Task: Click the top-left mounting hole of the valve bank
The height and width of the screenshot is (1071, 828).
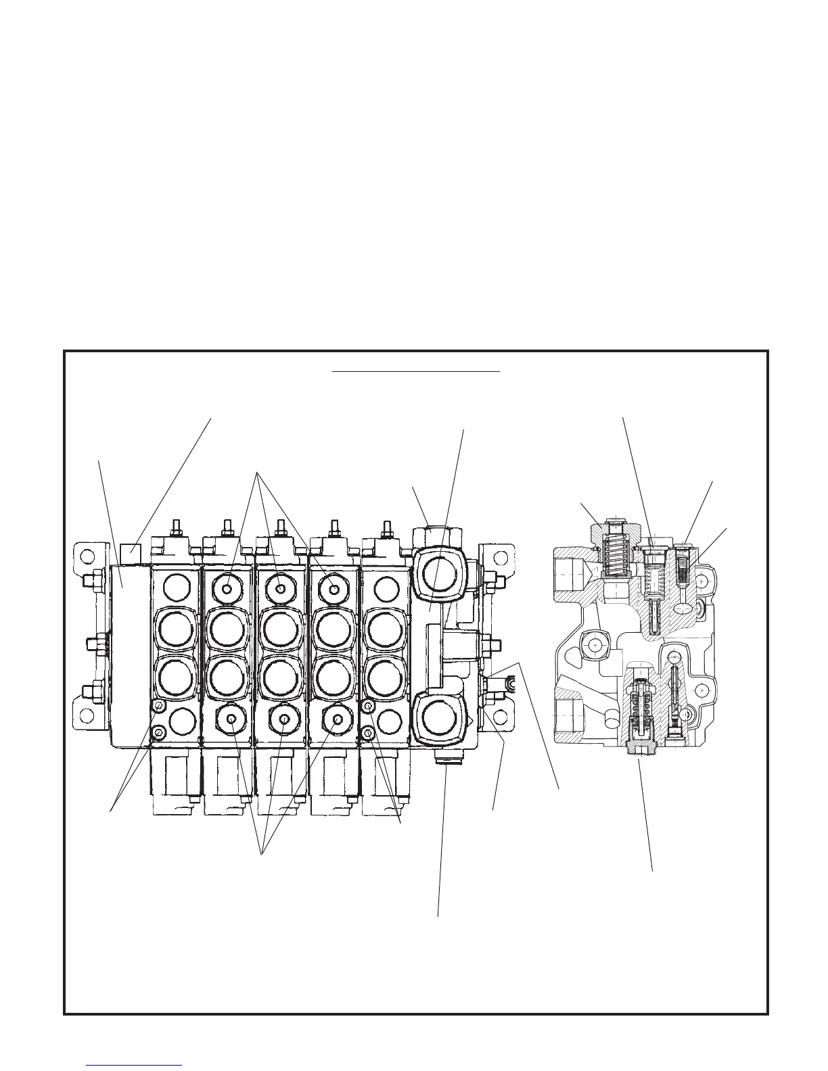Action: pos(86,557)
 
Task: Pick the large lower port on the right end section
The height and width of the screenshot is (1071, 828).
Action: pos(440,717)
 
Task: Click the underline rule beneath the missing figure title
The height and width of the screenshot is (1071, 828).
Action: pos(415,371)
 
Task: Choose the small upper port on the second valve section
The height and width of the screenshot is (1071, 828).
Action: pos(228,589)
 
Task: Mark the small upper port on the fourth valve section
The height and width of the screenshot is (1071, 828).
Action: pos(333,589)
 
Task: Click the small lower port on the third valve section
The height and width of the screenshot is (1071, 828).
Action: pos(283,719)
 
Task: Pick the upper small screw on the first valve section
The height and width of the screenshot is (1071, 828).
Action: pos(158,707)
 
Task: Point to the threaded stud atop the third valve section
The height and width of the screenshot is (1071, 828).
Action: pos(279,527)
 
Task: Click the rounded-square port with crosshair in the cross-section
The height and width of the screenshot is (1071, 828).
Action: pos(595,646)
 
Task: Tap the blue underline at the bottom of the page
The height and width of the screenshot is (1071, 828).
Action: pos(135,1065)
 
